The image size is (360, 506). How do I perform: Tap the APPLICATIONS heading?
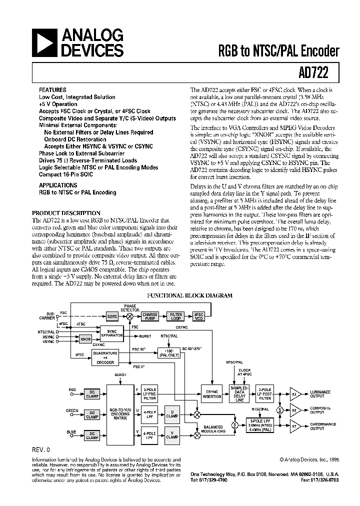59,185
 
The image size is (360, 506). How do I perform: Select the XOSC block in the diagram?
112,316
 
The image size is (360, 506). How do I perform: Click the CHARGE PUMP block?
149,316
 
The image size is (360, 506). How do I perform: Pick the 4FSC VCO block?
199,316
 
